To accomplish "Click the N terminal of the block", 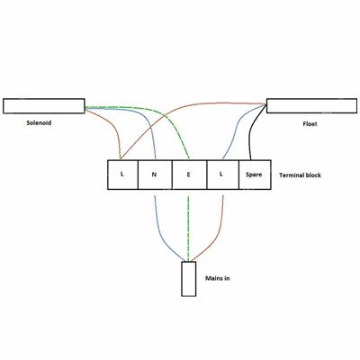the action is (155, 175).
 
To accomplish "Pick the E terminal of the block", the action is (189, 175).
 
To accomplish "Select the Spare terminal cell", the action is (255, 175).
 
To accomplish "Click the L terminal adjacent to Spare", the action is (222, 175).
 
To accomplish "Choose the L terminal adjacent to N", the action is (122, 175).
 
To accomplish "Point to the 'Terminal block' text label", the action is (300, 175).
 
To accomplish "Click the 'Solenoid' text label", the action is (39, 122).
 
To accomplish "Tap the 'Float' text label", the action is (310, 123).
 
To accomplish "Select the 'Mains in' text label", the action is (218, 278).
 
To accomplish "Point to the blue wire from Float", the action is (237, 128).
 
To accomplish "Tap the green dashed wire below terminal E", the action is (188, 228).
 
